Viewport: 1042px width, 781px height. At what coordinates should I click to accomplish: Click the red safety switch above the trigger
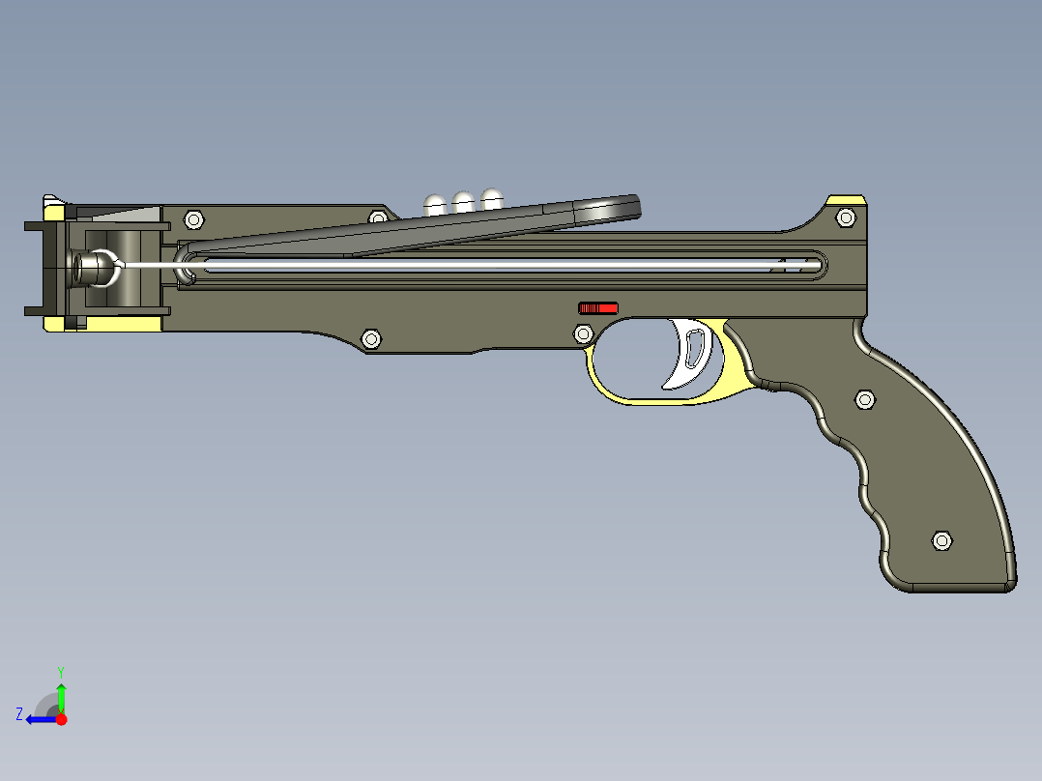click(597, 308)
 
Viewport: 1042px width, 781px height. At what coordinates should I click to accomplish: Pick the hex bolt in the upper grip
click(865, 399)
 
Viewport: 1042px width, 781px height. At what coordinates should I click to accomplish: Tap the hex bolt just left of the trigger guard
click(583, 334)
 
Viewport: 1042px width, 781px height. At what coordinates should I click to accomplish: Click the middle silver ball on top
click(464, 201)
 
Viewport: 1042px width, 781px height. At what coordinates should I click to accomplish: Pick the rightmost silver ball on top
click(492, 198)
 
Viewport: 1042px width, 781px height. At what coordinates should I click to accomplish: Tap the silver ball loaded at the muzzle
click(94, 268)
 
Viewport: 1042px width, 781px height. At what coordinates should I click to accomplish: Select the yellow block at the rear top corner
click(847, 200)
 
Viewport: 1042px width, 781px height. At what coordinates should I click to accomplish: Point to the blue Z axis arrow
click(41, 718)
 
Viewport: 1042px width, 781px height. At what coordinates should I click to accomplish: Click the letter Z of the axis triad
click(19, 714)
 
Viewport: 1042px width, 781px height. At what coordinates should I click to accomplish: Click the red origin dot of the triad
click(61, 719)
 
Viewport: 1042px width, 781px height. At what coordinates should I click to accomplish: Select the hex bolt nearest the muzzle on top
click(191, 218)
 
